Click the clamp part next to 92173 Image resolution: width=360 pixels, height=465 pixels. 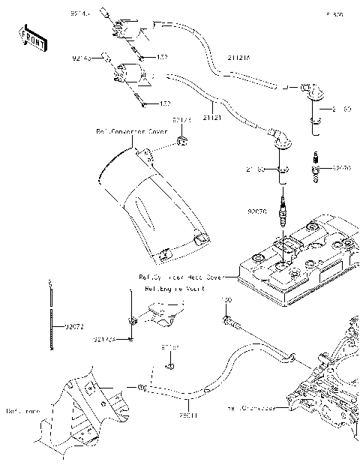click(181, 140)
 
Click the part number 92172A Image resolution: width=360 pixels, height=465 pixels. click(105, 339)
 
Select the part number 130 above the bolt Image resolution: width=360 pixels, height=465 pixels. click(226, 300)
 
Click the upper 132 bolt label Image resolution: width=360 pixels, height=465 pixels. click(162, 57)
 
